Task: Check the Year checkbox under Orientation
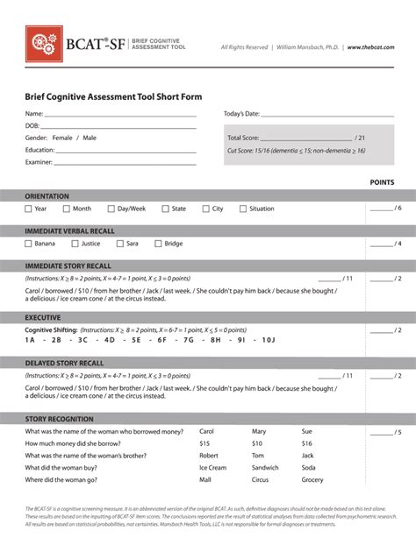click(29, 209)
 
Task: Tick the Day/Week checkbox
click(111, 209)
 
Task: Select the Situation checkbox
click(243, 209)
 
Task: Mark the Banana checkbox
click(29, 244)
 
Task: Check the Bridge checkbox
click(158, 244)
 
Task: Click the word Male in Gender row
click(90, 138)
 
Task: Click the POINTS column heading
click(382, 182)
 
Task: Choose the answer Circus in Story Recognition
click(261, 480)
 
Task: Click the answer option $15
click(205, 443)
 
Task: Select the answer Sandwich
click(265, 468)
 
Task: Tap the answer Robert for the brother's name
click(209, 456)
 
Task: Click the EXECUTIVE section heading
click(43, 316)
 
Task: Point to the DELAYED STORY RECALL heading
click(64, 363)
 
